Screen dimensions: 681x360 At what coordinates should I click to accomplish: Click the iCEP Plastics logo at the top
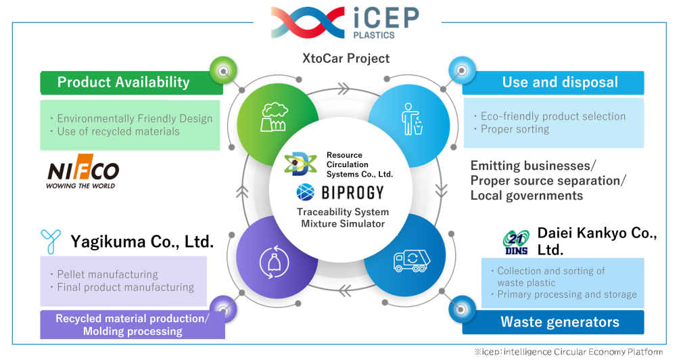pos(346,22)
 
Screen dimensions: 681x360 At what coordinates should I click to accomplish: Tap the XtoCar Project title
pos(346,58)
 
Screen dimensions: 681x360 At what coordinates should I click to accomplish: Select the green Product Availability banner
pos(132,83)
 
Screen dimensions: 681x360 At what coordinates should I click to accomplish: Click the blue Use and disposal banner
pos(553,83)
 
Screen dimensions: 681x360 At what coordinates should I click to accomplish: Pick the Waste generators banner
pos(553,322)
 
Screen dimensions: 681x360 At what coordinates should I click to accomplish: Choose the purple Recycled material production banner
pos(133,325)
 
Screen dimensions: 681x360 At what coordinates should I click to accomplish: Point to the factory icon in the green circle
pos(273,116)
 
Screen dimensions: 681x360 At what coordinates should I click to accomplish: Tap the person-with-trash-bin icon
pos(412,119)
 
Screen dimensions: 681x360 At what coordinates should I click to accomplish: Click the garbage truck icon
pos(412,261)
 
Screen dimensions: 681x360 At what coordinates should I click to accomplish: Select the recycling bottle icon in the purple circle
pos(274,262)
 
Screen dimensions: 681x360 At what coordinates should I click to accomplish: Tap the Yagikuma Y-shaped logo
pos(51,242)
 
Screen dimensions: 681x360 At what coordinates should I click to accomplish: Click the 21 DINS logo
pos(517,243)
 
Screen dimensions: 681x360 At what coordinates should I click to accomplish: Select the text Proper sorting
pos(515,129)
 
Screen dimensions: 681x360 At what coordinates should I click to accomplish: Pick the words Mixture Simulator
pos(343,224)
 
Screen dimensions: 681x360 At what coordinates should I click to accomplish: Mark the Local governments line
pos(526,196)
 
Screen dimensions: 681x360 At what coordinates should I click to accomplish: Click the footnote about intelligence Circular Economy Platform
pos(569,352)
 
